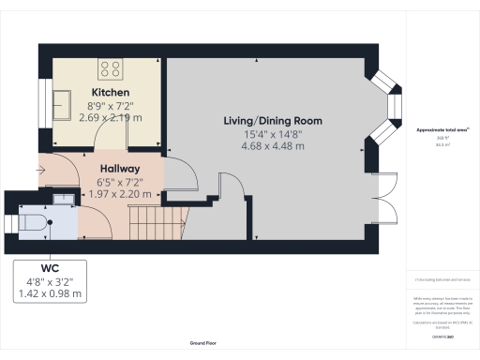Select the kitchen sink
click(x=63, y=100)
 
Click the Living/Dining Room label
click(x=273, y=121)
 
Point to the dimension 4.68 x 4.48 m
click(x=273, y=145)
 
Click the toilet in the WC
click(x=33, y=222)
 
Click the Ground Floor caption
click(x=200, y=344)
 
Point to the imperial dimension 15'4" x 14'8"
click(x=273, y=133)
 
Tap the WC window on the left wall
click(x=8, y=222)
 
